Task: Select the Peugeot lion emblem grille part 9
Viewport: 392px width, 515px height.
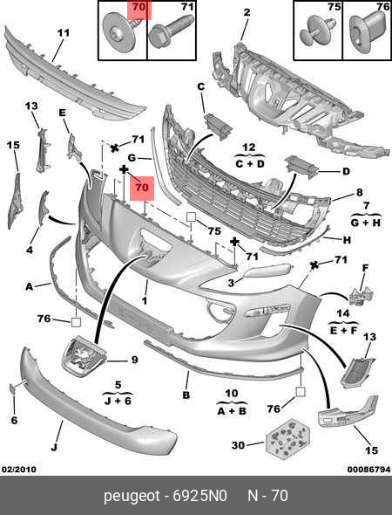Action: click(84, 356)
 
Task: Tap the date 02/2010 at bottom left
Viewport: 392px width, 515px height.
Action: click(19, 470)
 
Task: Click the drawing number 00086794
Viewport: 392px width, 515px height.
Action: click(368, 470)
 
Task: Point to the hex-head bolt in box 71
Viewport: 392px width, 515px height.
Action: click(170, 31)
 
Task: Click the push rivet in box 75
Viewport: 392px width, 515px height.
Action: click(317, 31)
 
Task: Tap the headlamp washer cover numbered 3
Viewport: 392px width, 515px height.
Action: click(267, 271)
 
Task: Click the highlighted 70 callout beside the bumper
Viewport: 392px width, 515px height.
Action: click(142, 188)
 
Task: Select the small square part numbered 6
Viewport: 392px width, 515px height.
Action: click(12, 388)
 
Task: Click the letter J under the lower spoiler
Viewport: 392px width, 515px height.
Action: click(54, 447)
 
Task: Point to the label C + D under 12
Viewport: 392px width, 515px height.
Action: click(250, 163)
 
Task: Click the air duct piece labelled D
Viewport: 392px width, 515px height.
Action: click(302, 166)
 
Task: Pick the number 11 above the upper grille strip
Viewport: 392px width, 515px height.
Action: click(64, 33)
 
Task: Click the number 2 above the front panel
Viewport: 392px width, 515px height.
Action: click(247, 12)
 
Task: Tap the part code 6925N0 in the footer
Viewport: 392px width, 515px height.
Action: click(199, 496)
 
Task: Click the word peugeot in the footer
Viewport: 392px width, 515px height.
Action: click(132, 497)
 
